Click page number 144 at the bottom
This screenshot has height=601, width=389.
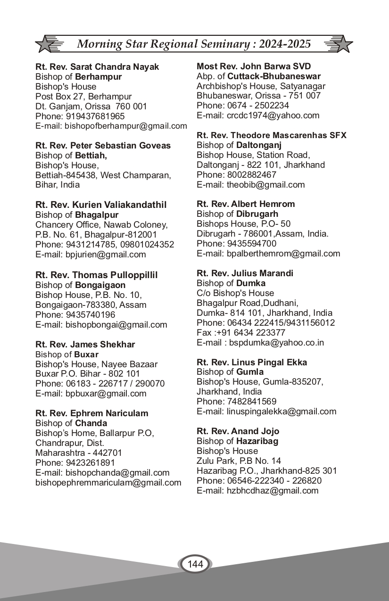coord(195,564)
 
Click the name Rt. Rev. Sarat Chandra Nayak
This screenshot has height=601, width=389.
coord(97,67)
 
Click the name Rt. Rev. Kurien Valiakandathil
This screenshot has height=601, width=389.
coord(101,205)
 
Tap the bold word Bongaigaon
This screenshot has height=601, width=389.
coord(100,285)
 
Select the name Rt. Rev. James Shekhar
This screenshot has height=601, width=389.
coord(85,345)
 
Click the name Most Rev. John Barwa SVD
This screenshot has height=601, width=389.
coord(254,66)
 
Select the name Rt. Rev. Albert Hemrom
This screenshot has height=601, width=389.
coord(246,204)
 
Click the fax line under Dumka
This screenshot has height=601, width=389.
coord(241,333)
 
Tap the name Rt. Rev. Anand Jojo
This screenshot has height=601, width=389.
coord(238,431)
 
